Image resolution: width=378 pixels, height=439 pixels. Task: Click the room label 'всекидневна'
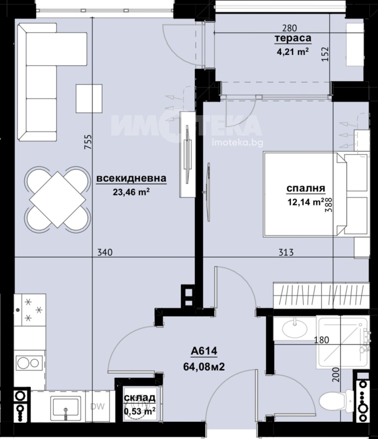click(x=131, y=178)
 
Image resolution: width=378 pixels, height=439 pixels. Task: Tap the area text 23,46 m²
click(x=131, y=192)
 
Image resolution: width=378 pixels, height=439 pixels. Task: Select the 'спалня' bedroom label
click(x=306, y=188)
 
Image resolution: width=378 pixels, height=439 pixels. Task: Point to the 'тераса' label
click(x=293, y=38)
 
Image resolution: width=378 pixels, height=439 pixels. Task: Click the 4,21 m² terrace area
click(x=293, y=52)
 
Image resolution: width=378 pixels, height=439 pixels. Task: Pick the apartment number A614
click(x=204, y=351)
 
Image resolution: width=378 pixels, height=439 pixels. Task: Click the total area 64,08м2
click(x=204, y=366)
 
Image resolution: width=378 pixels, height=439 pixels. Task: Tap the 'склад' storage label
click(x=139, y=397)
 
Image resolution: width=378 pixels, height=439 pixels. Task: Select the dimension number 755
click(x=88, y=142)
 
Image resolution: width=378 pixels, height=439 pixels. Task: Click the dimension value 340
click(x=105, y=252)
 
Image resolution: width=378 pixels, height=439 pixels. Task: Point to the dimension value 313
click(x=286, y=252)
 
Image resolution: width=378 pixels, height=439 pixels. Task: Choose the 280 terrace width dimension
click(x=289, y=28)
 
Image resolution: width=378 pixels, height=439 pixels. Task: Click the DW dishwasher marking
click(x=98, y=406)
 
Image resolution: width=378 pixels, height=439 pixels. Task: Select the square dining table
click(x=57, y=200)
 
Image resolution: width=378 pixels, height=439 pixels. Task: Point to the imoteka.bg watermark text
click(x=238, y=143)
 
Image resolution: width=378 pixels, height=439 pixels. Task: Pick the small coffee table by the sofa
click(x=89, y=98)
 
